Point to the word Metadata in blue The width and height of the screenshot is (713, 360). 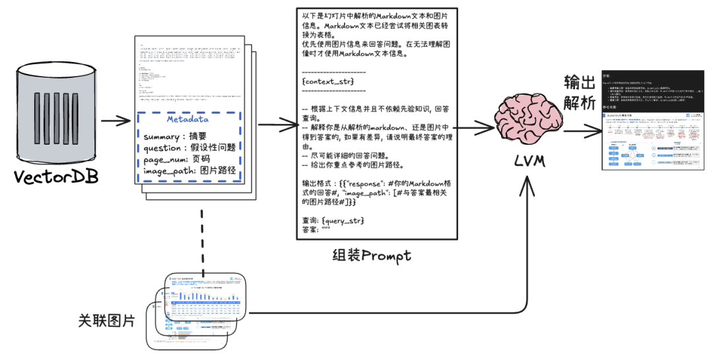188,120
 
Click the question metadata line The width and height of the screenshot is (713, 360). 189,148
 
